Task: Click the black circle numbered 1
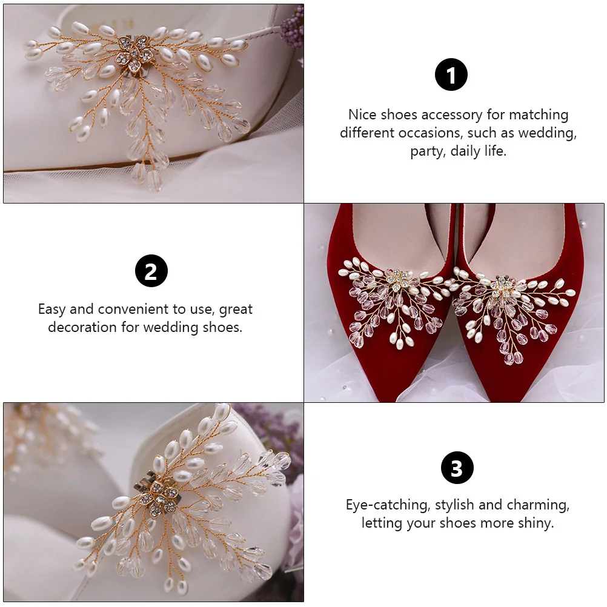(451, 75)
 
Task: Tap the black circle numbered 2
(151, 270)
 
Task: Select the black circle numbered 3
(457, 468)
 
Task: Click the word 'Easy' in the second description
(51, 309)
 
